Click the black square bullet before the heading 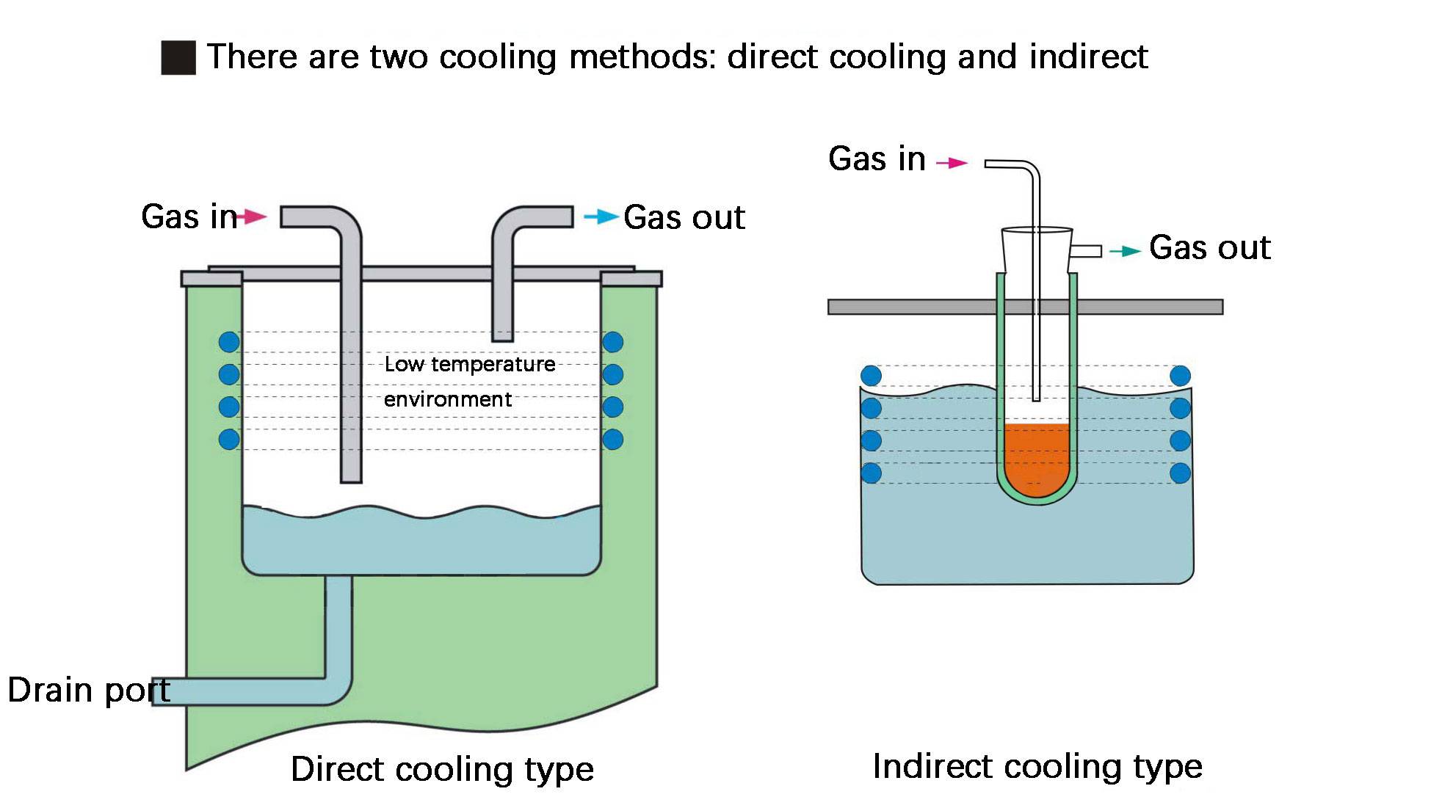click(x=178, y=58)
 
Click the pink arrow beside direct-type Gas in click(x=253, y=216)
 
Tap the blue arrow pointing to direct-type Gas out click(x=601, y=216)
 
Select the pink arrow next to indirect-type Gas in click(x=953, y=163)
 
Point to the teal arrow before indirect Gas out click(x=1125, y=252)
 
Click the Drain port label click(x=89, y=691)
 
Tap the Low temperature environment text click(x=469, y=382)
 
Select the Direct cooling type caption click(x=442, y=769)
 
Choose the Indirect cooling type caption click(x=1037, y=766)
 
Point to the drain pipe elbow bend click(x=339, y=690)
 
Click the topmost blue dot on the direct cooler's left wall click(x=229, y=342)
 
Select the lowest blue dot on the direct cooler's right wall click(x=613, y=439)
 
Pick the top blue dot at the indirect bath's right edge click(x=1180, y=376)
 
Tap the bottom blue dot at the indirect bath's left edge click(x=871, y=473)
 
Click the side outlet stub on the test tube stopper click(x=1087, y=251)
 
